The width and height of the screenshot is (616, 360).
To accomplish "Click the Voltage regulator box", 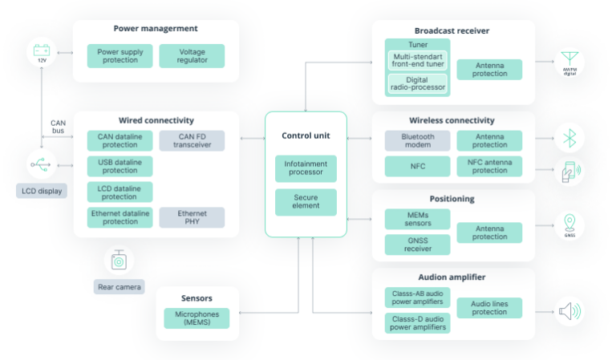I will tap(192, 56).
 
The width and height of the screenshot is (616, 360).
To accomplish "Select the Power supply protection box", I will tap(120, 56).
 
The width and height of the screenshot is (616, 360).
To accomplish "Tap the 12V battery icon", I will tap(42, 54).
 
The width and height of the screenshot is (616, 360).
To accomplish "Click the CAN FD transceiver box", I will tap(192, 141).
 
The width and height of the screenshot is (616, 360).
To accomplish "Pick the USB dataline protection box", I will tap(120, 166).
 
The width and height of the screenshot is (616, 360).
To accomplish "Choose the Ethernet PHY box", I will tap(192, 217).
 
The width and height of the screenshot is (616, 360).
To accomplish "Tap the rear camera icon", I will tap(119, 261).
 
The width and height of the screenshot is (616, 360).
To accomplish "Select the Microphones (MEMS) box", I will tap(197, 318).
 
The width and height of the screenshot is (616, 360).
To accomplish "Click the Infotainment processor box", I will tap(306, 168).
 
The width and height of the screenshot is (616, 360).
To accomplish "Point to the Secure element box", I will tap(306, 202).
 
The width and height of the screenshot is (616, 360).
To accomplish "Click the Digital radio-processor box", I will tap(416, 84).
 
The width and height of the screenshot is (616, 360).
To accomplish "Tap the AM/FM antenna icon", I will tap(570, 61).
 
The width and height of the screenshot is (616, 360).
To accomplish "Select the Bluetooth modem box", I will tap(416, 141).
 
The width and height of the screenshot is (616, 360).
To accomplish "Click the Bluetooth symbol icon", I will tap(570, 139).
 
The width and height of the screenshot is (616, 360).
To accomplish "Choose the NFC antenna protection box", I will tap(489, 166).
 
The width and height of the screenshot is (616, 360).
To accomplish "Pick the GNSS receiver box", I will tap(416, 245).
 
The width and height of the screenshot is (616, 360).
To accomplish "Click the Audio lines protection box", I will tap(489, 308).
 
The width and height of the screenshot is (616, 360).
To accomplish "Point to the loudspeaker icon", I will tap(569, 310).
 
